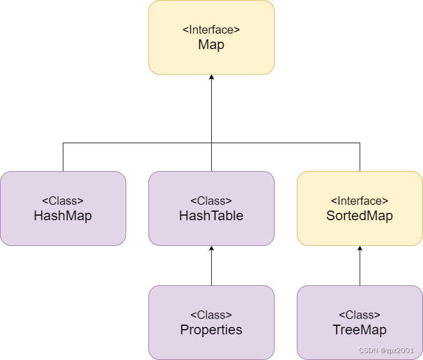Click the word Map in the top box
click(211, 45)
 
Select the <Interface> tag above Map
click(211, 30)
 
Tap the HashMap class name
click(63, 216)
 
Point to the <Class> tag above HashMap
click(63, 201)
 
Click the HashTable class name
click(211, 216)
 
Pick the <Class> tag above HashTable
click(211, 201)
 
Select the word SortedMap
click(360, 216)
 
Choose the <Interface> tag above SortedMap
click(360, 201)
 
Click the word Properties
click(211, 330)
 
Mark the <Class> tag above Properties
click(211, 315)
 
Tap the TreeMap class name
click(360, 330)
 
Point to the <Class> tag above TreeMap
click(360, 315)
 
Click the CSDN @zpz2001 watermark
click(386, 350)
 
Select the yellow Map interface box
click(211, 60)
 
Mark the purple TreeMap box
click(360, 300)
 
